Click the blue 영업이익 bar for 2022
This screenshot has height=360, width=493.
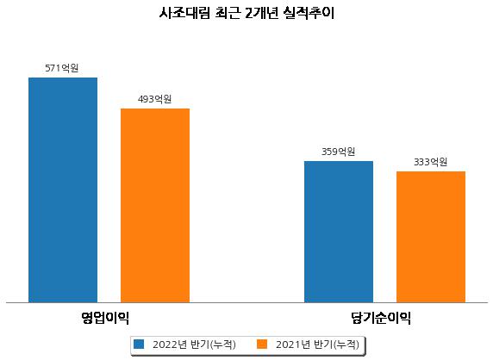pyautogui.click(x=63, y=190)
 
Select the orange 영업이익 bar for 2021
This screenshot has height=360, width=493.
pyautogui.click(x=155, y=206)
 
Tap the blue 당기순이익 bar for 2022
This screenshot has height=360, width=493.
pyautogui.click(x=339, y=232)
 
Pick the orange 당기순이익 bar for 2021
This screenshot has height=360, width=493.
pyautogui.click(x=431, y=237)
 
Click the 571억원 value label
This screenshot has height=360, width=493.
pyautogui.click(x=62, y=68)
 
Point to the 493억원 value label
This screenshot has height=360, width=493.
pyautogui.click(x=154, y=99)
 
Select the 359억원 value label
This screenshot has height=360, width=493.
pyautogui.click(x=339, y=152)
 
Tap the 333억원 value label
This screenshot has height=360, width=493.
pyautogui.click(x=430, y=162)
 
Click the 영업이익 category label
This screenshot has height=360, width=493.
pyautogui.click(x=105, y=318)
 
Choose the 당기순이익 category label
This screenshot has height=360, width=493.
pyautogui.click(x=381, y=318)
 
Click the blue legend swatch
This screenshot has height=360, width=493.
pyautogui.click(x=139, y=344)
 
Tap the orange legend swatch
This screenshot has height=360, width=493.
pyautogui.click(x=262, y=344)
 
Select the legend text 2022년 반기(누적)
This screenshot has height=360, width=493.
pyautogui.click(x=194, y=344)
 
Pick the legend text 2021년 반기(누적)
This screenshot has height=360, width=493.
pyautogui.click(x=317, y=344)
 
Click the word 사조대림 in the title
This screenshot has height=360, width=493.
pyautogui.click(x=184, y=13)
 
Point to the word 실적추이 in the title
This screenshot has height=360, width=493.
pyautogui.click(x=309, y=13)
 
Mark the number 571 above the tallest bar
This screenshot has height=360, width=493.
pyautogui.click(x=53, y=68)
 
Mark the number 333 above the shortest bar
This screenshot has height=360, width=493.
pyautogui.click(x=421, y=162)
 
